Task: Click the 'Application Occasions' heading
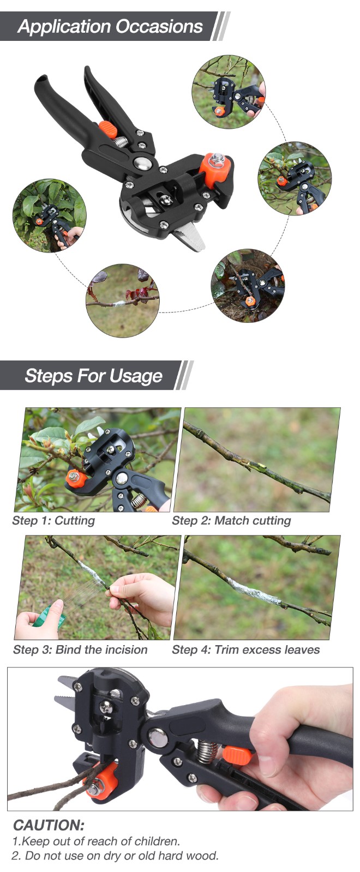pos(110,27)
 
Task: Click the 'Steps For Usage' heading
pos(93,376)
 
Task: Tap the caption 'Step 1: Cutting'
pos(53,520)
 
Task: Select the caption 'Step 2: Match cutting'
pos(232,520)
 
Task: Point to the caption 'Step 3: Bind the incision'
pos(80,650)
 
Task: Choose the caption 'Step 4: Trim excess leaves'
pos(246,650)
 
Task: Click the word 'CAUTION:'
pos(49,825)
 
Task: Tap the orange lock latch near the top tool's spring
pos(108,129)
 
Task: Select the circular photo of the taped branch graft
pos(123,300)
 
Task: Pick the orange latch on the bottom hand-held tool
pos(237,755)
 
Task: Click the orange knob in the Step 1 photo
pos(76,479)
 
